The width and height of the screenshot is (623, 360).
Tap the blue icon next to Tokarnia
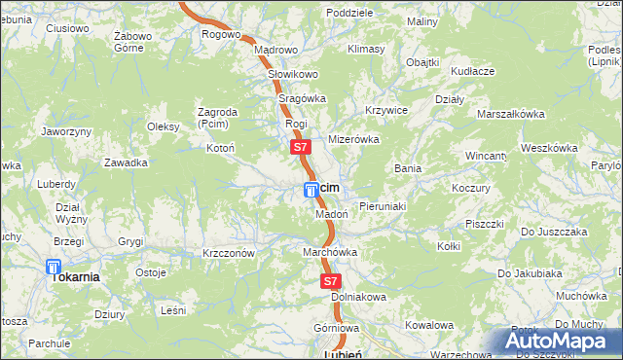tap(54, 267)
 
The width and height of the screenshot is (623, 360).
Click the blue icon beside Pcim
tap(311, 188)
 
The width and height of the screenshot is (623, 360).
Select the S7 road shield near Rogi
tap(300, 148)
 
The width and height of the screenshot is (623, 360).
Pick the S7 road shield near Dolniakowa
tap(330, 280)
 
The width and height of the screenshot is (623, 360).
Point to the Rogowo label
tap(221, 34)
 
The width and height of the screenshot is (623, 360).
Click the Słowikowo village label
tap(293, 74)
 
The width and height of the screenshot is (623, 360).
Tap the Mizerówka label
tap(352, 139)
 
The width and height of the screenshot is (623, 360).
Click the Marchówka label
tap(330, 252)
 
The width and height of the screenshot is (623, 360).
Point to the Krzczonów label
tap(229, 253)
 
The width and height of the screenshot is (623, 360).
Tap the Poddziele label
tap(350, 13)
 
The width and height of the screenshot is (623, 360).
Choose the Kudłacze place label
tap(473, 71)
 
